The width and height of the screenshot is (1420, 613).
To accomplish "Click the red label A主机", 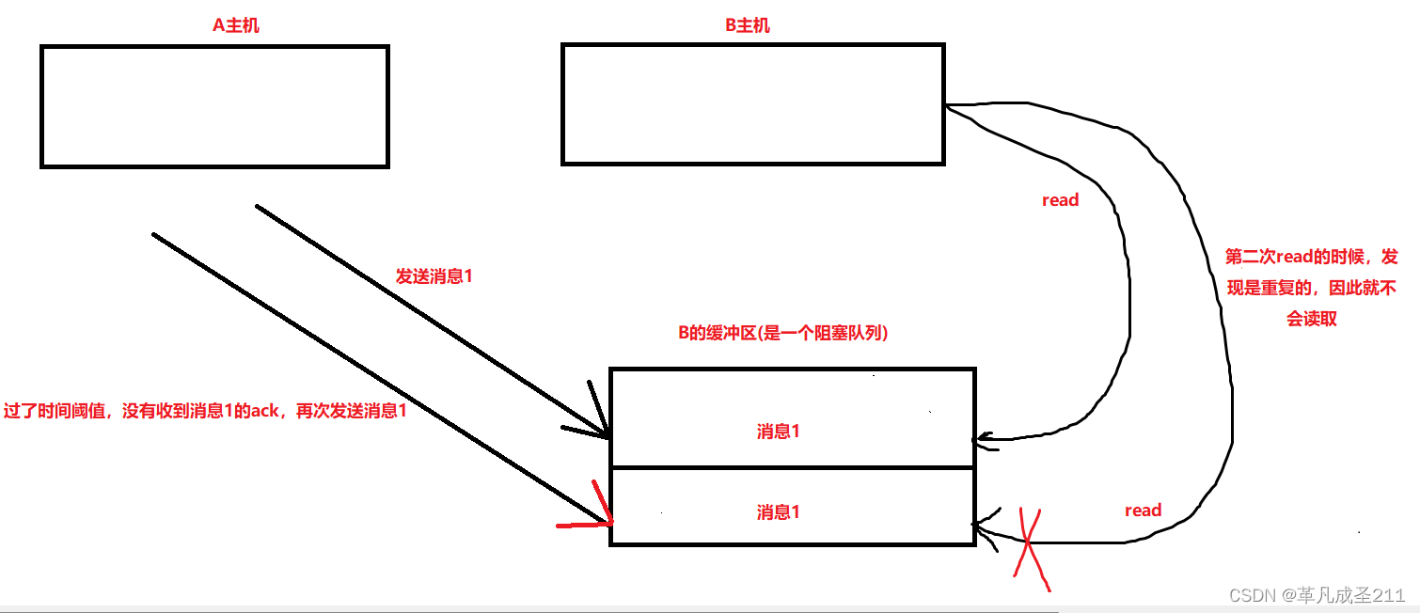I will [236, 25].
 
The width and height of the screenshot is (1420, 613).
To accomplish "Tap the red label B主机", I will [748, 25].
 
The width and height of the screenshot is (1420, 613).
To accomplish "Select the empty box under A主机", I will [214, 106].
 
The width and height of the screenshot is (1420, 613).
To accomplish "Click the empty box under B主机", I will [752, 104].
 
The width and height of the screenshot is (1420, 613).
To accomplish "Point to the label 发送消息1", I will [434, 277].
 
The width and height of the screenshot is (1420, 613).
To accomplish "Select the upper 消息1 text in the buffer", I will [778, 432].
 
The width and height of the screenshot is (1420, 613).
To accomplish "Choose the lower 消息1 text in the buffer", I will [778, 512].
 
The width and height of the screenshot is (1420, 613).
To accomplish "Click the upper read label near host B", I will [1060, 200].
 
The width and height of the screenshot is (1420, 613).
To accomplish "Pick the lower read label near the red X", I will [1143, 511].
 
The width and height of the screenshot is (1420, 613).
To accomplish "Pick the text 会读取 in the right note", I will [1311, 319].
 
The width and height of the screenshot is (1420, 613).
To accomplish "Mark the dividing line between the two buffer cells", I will [792, 467].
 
